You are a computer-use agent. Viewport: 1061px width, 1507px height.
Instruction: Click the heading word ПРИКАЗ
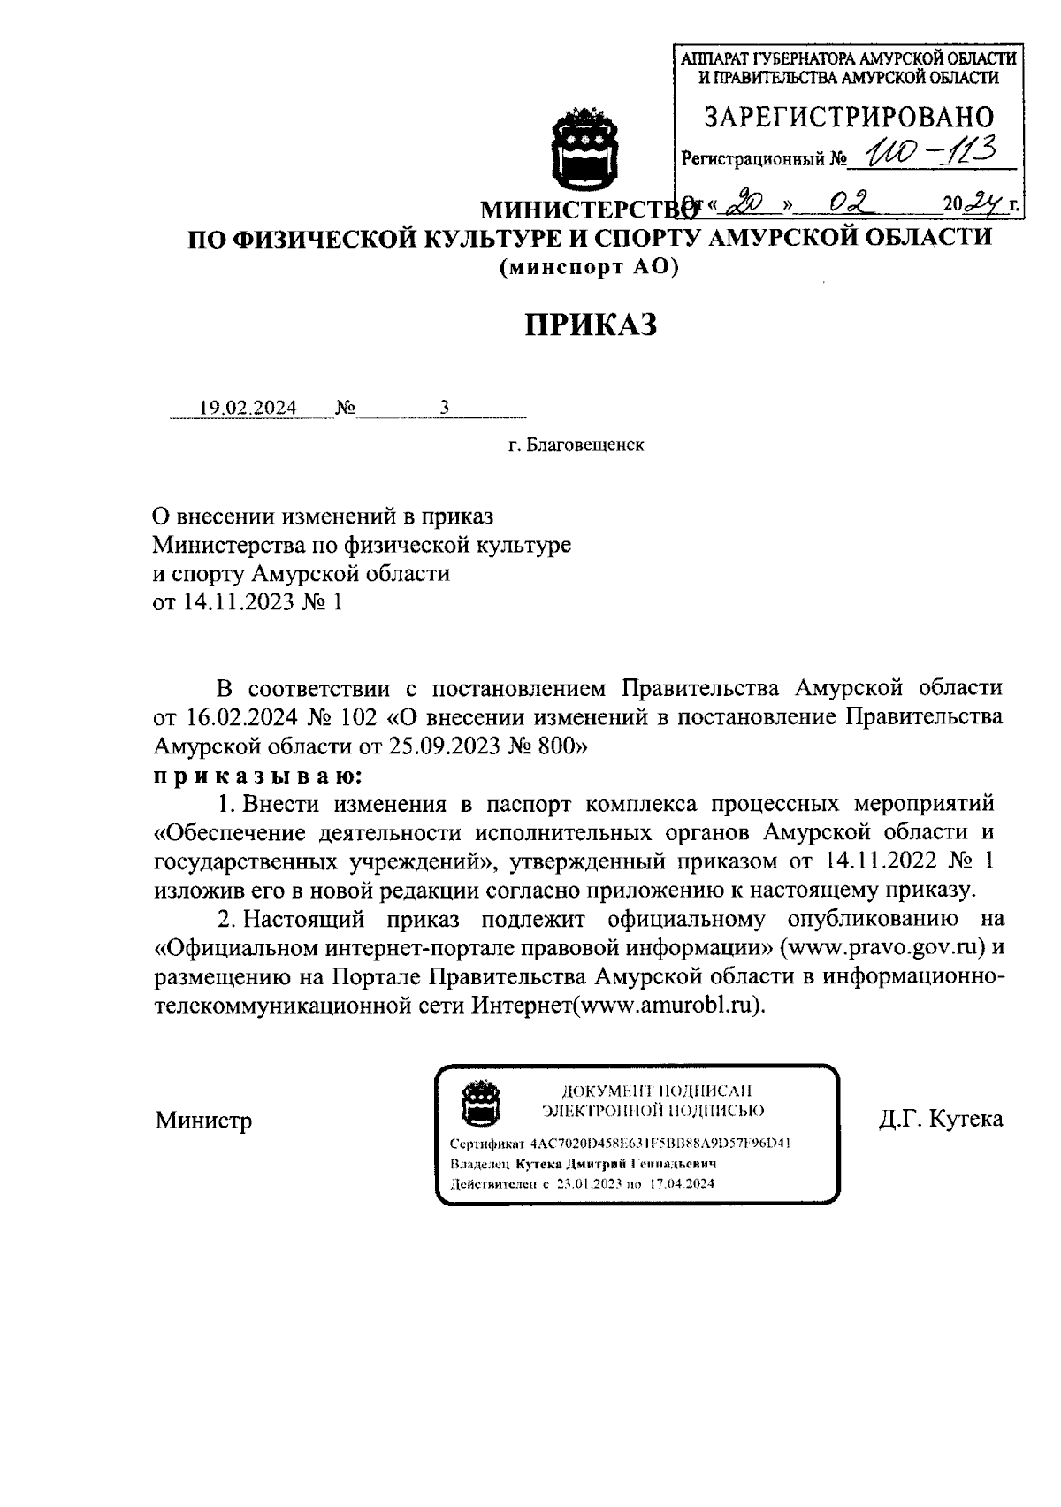(592, 325)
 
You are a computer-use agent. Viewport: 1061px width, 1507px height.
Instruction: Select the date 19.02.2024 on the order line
(248, 408)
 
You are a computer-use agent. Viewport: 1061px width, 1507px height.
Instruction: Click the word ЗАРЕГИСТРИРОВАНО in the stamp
(848, 117)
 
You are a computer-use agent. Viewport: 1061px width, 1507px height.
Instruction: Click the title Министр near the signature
(203, 1121)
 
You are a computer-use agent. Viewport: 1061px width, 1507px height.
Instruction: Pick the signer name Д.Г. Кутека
(941, 1119)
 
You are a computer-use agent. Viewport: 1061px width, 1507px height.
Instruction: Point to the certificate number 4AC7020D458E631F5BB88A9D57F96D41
(660, 1143)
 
